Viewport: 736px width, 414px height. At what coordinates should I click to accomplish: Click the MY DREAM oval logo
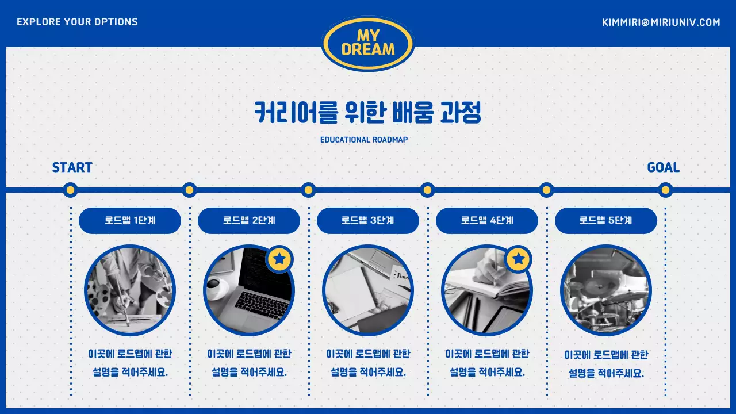coord(368,43)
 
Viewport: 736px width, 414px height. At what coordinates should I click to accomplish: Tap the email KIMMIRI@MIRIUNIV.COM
coord(661,22)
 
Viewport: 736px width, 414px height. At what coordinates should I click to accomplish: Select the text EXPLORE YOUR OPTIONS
coord(77,22)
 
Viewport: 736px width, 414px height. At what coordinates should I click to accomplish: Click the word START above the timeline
coord(72,168)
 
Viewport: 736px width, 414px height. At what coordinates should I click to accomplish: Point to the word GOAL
coord(663,167)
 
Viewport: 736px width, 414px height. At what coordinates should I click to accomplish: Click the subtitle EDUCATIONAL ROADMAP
coord(364,140)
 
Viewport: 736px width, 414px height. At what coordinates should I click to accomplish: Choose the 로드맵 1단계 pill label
coord(130,221)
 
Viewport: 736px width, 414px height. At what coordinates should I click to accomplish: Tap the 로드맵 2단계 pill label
coord(249,221)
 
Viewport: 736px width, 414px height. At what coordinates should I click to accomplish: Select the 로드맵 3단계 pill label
coord(368,221)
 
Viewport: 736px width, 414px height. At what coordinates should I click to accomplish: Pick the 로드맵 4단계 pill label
coord(487,221)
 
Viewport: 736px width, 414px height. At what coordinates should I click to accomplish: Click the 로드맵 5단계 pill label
coord(606,221)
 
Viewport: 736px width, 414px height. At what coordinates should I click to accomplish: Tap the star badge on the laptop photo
coord(279,259)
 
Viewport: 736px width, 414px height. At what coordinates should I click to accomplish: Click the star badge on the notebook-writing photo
coord(519,259)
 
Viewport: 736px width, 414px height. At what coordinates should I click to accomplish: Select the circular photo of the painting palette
coord(129,290)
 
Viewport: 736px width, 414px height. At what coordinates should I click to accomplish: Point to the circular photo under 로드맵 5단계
coord(606,290)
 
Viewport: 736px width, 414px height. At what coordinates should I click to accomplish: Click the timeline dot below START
coord(70,190)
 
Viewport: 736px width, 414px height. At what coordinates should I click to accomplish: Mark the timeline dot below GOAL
coord(665,190)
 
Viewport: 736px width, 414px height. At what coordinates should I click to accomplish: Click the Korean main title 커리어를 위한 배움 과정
coord(368,113)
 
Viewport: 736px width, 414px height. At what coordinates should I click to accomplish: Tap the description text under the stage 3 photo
coord(368,363)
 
